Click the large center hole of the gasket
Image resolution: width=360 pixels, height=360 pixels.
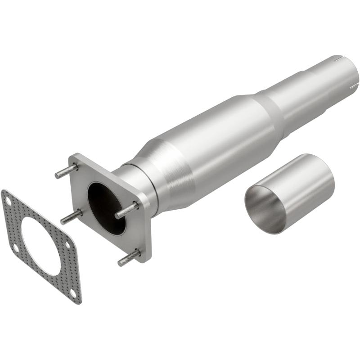coord(40,245)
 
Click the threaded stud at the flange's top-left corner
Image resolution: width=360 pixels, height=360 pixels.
coord(66,171)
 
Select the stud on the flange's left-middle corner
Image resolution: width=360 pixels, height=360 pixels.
coord(71,217)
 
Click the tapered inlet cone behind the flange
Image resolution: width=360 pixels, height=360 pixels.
coord(162,166)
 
